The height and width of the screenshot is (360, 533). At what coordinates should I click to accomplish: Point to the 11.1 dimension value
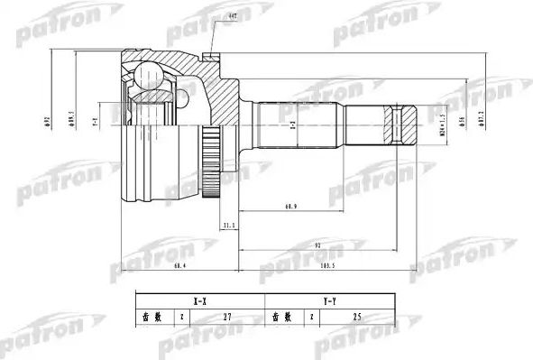(228, 225)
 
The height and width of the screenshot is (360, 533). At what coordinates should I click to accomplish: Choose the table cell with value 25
(357, 318)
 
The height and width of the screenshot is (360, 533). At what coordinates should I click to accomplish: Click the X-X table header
(198, 301)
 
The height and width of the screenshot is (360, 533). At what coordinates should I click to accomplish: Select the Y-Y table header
(330, 301)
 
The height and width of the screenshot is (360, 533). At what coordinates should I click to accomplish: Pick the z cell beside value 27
(181, 318)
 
